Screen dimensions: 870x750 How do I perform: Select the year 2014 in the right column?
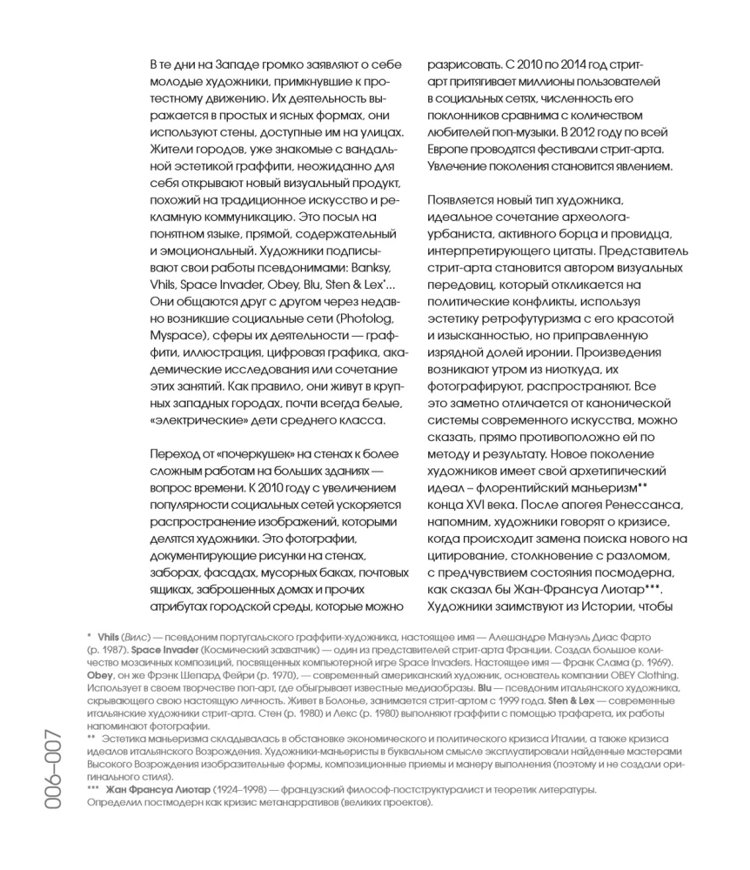561,65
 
